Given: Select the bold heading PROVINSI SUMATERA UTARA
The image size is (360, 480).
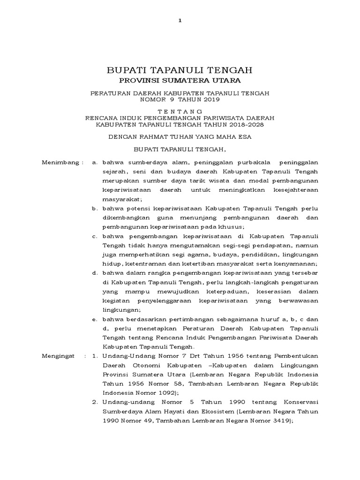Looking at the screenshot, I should point(180,82).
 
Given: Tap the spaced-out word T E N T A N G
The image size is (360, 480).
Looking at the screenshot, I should point(180,111).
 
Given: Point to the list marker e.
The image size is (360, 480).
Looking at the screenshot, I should point(95,319).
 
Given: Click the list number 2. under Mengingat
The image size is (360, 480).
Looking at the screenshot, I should point(95,402).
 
